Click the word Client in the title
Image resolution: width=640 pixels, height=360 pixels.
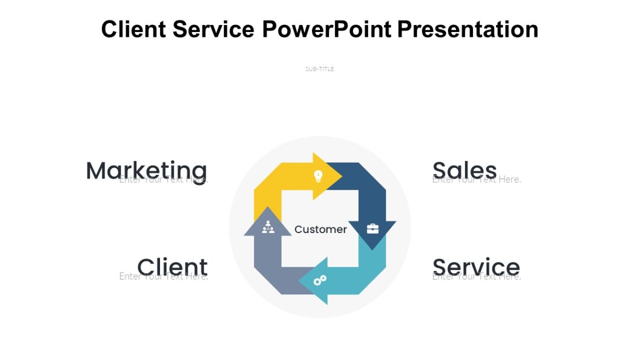pyautogui.click(x=133, y=29)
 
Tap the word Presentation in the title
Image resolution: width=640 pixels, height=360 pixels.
pyautogui.click(x=468, y=29)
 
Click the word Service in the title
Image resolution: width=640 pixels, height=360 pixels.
pyautogui.click(x=213, y=29)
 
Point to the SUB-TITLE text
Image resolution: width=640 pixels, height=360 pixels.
pyautogui.click(x=319, y=69)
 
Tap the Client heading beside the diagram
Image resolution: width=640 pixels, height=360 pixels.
pyautogui.click(x=172, y=266)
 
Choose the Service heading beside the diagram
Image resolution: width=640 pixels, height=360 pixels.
pyautogui.click(x=476, y=266)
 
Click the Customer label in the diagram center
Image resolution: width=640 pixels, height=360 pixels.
pyautogui.click(x=321, y=229)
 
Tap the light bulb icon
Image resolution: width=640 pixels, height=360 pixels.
pyautogui.click(x=318, y=175)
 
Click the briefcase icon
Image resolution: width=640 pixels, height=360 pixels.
pyautogui.click(x=372, y=229)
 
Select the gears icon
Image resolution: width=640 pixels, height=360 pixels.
pyautogui.click(x=319, y=280)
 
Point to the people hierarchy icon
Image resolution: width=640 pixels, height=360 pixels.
pyautogui.click(x=268, y=227)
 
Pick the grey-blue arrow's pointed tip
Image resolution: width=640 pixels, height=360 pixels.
pyautogui.click(x=268, y=209)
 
